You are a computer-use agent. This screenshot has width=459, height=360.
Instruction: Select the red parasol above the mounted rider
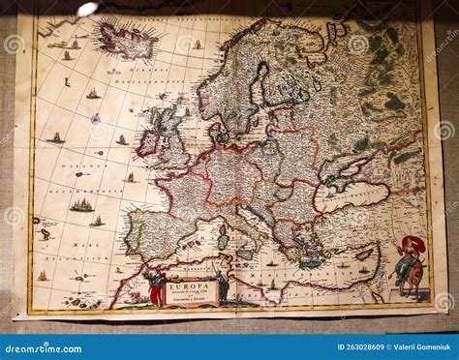click(413, 243)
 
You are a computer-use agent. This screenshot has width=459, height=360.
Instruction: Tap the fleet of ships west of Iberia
click(81, 205)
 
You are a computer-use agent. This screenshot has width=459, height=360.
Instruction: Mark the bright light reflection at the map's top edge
click(87, 9)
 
